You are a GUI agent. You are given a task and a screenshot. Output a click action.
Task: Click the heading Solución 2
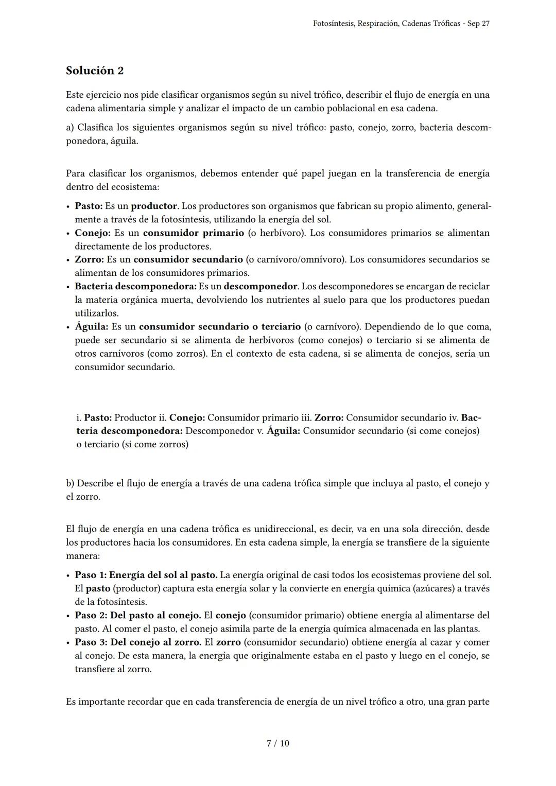pyautogui.click(x=95, y=71)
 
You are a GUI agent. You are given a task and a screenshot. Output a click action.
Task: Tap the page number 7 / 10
pyautogui.click(x=277, y=743)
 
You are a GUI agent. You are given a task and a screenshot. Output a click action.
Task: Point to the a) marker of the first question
pyautogui.click(x=70, y=127)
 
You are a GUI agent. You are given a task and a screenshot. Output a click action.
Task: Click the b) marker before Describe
pyautogui.click(x=70, y=483)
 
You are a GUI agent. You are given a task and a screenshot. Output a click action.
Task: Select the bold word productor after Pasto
pyautogui.click(x=154, y=206)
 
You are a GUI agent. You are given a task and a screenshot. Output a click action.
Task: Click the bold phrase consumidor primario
pyautogui.click(x=194, y=233)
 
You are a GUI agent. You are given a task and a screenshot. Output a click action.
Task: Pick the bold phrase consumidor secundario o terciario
pyautogui.click(x=220, y=327)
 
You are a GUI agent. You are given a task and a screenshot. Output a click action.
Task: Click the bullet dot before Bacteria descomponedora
pyautogui.click(x=68, y=287)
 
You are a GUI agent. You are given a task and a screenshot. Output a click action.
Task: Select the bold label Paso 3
pyautogui.click(x=91, y=642)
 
